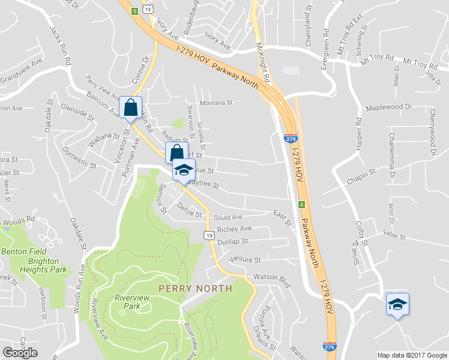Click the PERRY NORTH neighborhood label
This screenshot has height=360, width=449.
[x=195, y=289]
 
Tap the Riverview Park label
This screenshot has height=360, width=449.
[x=127, y=301]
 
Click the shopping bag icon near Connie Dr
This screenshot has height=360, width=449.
[x=130, y=108]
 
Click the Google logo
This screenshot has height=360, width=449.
[x=20, y=353]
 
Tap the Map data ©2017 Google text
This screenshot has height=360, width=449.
[x=412, y=355]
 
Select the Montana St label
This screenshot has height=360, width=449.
[x=216, y=103]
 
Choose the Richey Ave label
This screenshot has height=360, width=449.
[x=235, y=229]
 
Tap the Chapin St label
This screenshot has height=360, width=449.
[x=361, y=176]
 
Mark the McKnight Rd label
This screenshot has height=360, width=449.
[x=263, y=63]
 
